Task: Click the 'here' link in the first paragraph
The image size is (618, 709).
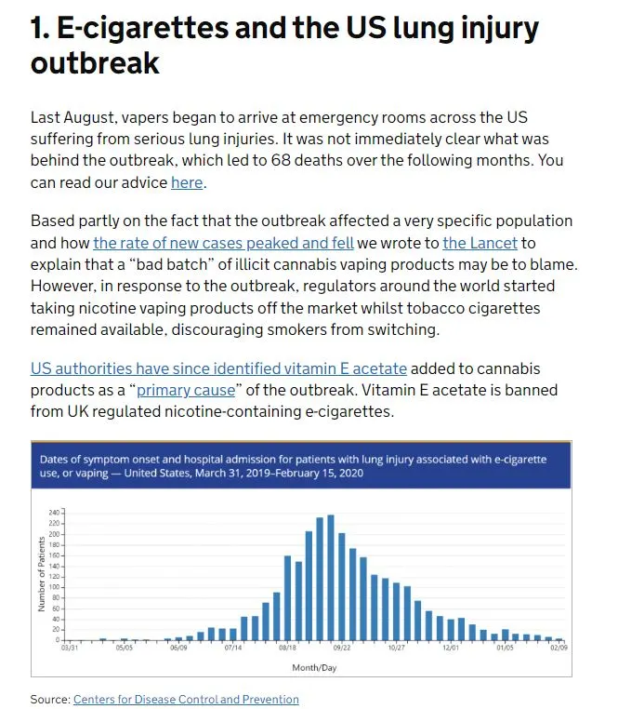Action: [187, 182]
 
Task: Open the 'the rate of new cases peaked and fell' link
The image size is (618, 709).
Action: [223, 244]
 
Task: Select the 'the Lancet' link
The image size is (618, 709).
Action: [477, 244]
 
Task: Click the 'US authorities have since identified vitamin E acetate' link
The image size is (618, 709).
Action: [218, 368]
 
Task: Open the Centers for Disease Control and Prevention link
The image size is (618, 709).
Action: [186, 699]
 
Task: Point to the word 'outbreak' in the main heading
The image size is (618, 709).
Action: [95, 63]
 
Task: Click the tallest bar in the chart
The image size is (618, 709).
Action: [331, 577]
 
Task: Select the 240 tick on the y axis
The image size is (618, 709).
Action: [53, 513]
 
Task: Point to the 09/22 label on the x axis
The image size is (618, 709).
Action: [341, 648]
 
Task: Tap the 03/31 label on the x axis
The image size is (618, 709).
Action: [70, 648]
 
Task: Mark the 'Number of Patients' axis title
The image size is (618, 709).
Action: [42, 575]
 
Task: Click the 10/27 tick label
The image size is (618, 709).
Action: [396, 648]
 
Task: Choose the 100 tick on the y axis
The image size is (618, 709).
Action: [53, 587]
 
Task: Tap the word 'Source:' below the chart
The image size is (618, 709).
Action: [50, 699]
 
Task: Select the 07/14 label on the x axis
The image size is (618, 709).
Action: [232, 648]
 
